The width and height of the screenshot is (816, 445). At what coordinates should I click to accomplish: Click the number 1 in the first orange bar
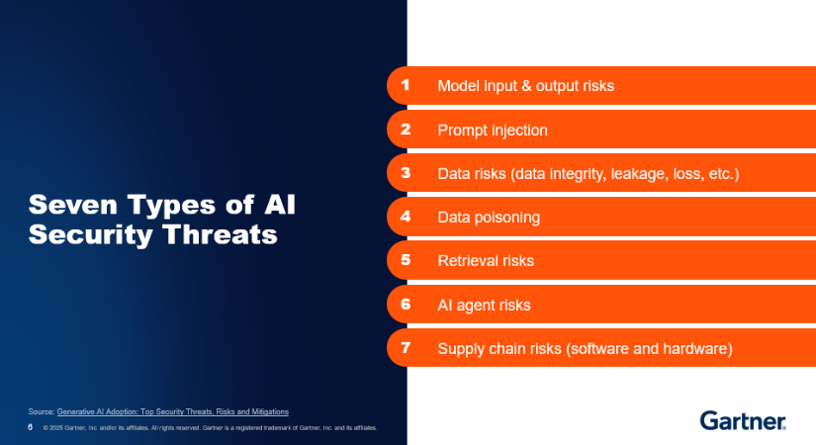pos(406,85)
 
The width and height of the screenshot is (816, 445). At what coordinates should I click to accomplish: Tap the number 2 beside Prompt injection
pos(406,130)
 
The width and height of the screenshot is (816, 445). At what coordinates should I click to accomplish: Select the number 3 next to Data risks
pos(406,173)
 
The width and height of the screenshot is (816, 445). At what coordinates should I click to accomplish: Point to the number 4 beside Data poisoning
pos(406,216)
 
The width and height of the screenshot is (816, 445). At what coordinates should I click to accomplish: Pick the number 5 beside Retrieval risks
pos(406,260)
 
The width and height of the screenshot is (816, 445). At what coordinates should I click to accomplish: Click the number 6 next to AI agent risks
pos(406,304)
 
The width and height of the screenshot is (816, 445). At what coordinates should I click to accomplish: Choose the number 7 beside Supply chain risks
pos(406,347)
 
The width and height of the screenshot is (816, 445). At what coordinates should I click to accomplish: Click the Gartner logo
pos(743,420)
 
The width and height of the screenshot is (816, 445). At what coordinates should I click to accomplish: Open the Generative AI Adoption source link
pos(173,411)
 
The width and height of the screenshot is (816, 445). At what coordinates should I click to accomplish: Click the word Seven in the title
pos(73,205)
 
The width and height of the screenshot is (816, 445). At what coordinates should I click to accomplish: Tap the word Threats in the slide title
pos(221,234)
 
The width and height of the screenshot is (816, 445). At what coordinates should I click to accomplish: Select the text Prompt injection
pos(493,131)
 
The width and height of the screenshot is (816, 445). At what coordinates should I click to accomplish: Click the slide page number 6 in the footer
pos(31,427)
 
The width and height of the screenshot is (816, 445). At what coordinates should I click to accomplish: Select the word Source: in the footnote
pos(42,411)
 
